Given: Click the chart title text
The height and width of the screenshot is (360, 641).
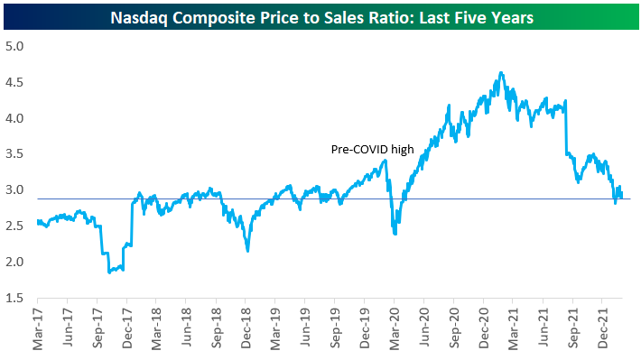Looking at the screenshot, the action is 321,17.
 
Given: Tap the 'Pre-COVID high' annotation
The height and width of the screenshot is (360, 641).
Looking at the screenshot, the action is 373,150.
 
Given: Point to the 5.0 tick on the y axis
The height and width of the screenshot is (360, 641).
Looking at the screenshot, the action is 14,46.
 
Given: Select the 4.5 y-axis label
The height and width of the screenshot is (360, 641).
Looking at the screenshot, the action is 14,82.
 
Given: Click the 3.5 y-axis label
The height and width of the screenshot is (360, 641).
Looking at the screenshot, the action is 14,154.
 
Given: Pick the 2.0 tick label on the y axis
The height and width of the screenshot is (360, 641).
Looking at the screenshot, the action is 14,262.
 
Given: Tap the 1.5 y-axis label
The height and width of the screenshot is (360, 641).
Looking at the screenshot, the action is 14,298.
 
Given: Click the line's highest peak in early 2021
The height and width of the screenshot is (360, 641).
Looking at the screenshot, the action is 501,73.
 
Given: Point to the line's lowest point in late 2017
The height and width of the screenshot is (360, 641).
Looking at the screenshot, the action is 109,272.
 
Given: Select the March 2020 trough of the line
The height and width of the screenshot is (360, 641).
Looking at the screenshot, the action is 395,234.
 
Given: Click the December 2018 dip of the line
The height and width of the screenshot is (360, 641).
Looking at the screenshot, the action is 247,251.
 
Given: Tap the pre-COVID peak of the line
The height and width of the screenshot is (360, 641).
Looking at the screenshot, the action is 385,161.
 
